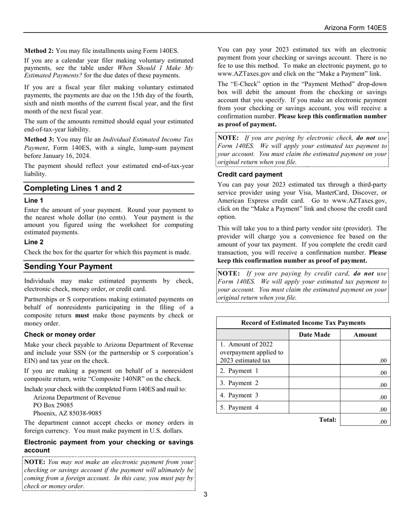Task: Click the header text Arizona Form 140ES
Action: pos(355,28)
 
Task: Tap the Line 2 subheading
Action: pos(34,242)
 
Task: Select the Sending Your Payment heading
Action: pos(68,266)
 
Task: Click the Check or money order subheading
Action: pos(60,335)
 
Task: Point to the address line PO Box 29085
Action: pos(53,405)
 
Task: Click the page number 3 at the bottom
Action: pos(205,494)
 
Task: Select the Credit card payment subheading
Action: pos(250,174)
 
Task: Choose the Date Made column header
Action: pos(314,335)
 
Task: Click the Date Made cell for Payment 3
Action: pos(314,395)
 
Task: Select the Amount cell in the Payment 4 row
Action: pos(365,407)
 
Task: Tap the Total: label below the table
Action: pos(328,420)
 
